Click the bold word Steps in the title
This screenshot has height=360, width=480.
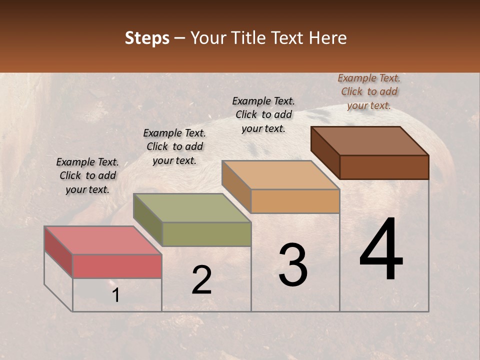[x=147, y=38]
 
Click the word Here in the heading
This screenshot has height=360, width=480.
[x=328, y=38]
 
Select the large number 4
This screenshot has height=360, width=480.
[x=381, y=250]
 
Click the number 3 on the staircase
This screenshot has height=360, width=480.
[x=293, y=265]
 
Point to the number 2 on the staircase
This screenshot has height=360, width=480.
[x=202, y=280]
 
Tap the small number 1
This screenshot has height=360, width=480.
[x=116, y=295]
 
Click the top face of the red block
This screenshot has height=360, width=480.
[x=102, y=240]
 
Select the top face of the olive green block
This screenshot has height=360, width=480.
[x=192, y=208]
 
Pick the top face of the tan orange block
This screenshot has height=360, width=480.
[x=280, y=175]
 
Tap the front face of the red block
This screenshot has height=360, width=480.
[x=117, y=266]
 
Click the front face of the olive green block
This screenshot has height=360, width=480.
[x=206, y=234]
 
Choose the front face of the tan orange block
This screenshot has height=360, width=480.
[x=295, y=201]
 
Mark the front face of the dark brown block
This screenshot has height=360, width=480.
[x=384, y=167]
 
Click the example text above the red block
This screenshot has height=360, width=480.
[x=87, y=175]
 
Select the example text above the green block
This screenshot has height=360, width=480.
[x=174, y=146]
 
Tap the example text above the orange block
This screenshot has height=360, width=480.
[x=263, y=114]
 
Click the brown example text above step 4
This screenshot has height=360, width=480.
[x=369, y=91]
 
